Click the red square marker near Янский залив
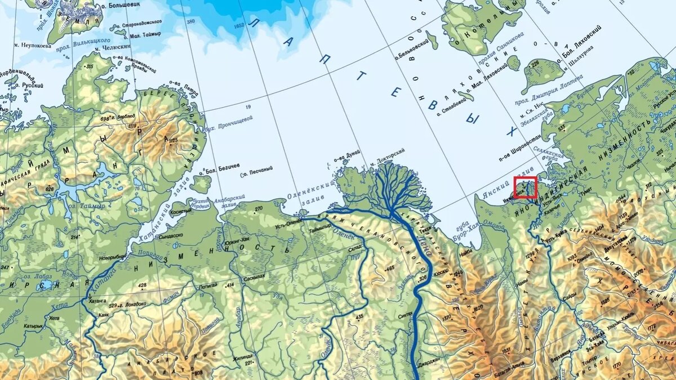pos(525,187)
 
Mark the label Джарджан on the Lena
pos(428,360)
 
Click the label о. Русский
pos(33,85)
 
